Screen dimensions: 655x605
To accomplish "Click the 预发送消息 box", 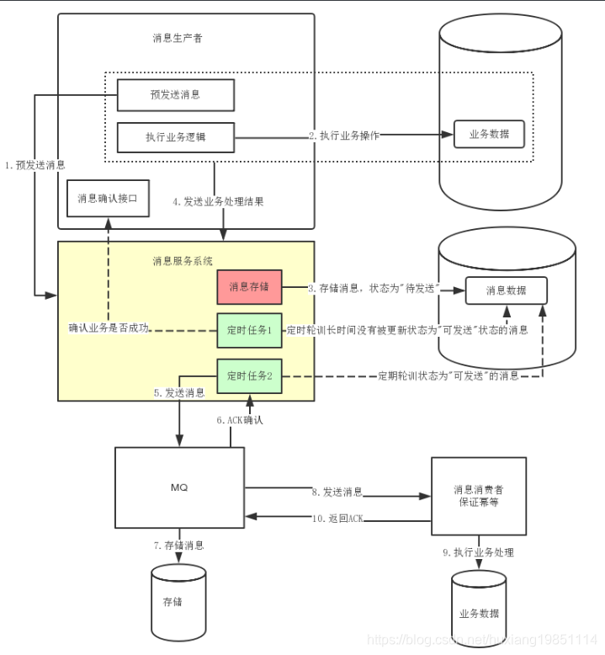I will (x=175, y=95).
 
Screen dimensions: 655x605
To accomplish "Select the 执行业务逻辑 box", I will (x=175, y=136).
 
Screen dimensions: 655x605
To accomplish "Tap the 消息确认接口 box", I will (x=107, y=199).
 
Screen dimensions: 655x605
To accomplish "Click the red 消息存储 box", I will (x=249, y=287).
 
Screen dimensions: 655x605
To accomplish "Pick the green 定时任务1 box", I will (x=249, y=330).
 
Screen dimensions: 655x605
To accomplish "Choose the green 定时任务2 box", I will (x=249, y=375).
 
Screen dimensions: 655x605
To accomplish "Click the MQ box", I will (x=178, y=487).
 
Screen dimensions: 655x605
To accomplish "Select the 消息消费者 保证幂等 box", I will (x=478, y=495).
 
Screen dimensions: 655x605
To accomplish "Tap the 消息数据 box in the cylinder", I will (x=506, y=290).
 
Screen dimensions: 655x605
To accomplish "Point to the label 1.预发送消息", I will (x=34, y=165).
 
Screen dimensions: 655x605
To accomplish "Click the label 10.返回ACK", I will (x=337, y=519).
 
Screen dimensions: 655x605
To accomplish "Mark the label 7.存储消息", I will (x=178, y=546).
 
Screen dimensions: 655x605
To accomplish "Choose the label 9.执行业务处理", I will (x=478, y=553).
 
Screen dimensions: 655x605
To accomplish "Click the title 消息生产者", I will (x=178, y=38).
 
